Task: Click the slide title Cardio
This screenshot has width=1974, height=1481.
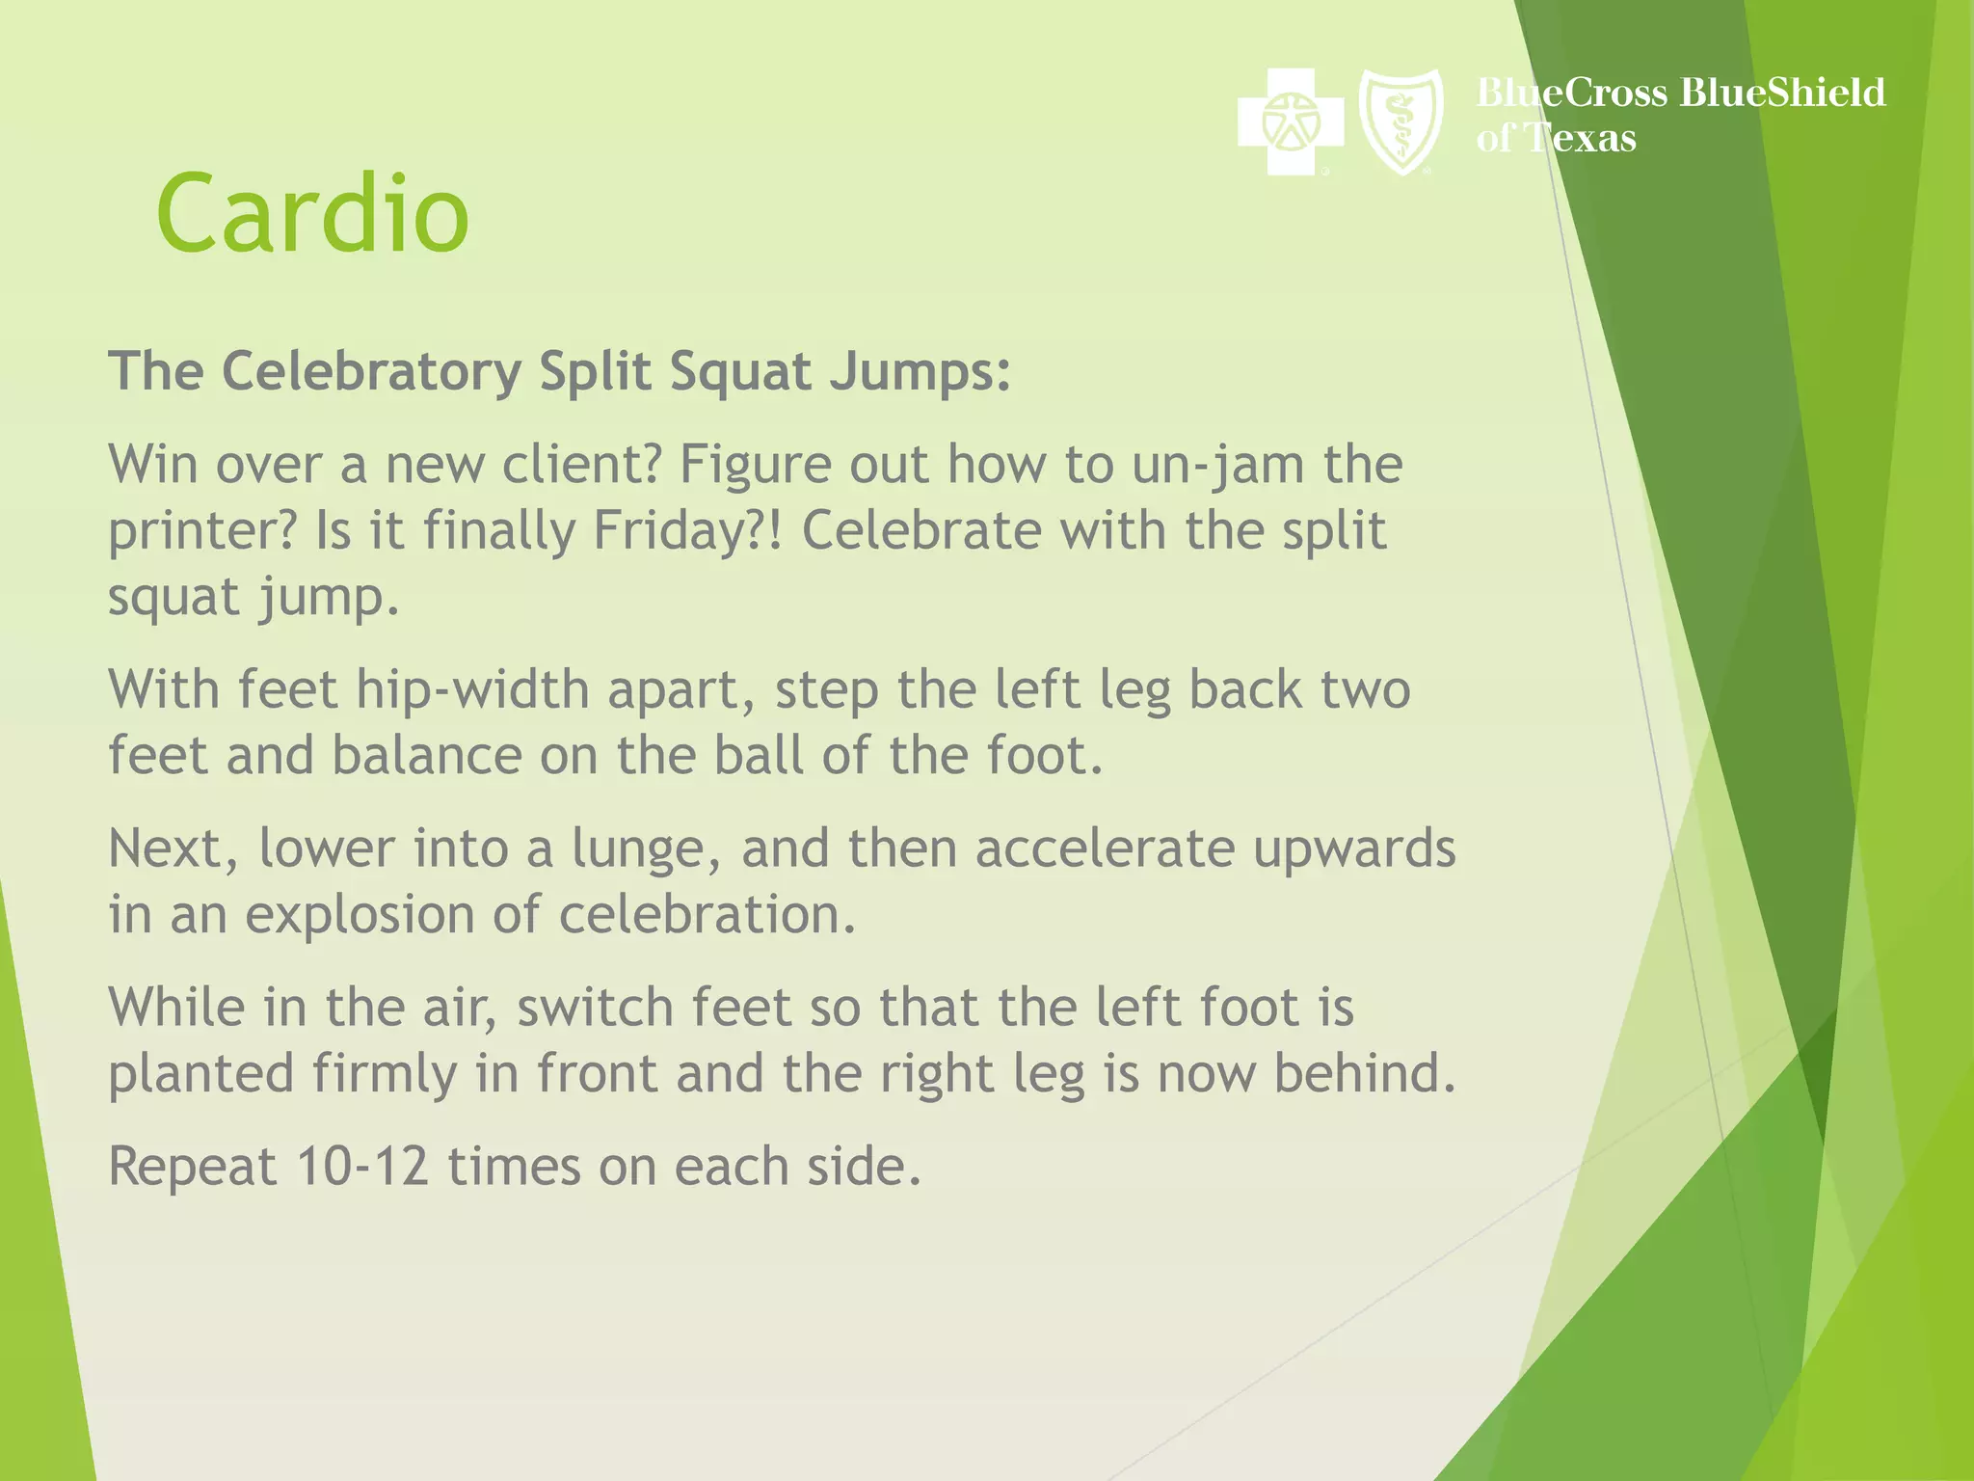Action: pos(312,214)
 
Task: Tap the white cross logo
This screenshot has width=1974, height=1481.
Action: pos(1290,122)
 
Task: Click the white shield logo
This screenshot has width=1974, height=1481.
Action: pos(1400,122)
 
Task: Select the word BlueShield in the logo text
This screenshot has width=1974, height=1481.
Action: pos(1782,94)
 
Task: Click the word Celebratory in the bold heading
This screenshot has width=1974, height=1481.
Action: pos(371,371)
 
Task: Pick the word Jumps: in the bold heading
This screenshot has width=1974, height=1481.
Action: pos(920,373)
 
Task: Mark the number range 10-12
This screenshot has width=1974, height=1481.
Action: pos(362,1167)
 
